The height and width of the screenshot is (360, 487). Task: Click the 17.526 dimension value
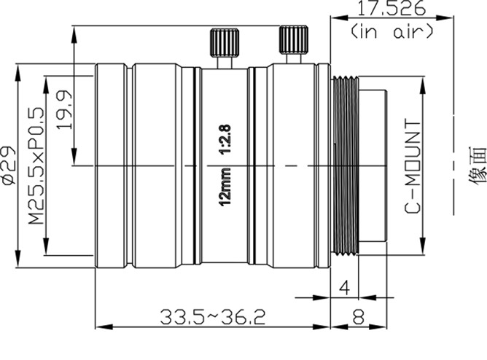click(x=391, y=8)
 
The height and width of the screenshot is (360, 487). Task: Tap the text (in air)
click(x=392, y=31)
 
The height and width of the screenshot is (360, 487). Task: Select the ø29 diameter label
click(x=9, y=166)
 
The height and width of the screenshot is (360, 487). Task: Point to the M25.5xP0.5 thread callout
click(x=36, y=166)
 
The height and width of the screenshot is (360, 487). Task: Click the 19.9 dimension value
click(x=64, y=109)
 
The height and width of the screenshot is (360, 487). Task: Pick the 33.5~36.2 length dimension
click(x=213, y=317)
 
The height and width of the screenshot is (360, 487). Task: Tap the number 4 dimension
click(x=344, y=288)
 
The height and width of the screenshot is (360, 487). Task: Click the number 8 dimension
click(x=358, y=317)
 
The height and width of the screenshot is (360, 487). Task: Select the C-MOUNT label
click(x=413, y=167)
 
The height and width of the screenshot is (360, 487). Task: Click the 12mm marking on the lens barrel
click(x=225, y=187)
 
